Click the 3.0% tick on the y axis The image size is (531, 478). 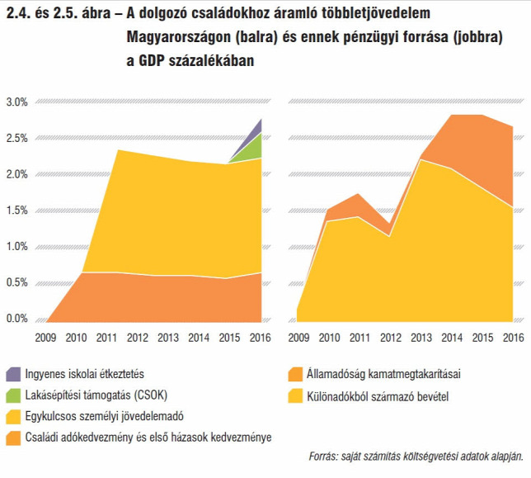16,102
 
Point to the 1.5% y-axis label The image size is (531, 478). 16,211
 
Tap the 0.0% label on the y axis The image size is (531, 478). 16,319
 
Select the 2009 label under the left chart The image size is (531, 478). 45,338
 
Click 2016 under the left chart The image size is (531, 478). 260,338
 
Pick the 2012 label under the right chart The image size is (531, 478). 391,338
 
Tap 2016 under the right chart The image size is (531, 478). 514,338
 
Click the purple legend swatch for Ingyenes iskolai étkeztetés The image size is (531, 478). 13,374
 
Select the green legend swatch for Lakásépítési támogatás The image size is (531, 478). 13,395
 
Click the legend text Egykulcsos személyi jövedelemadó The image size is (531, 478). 104,416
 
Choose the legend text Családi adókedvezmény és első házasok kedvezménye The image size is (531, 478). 148,438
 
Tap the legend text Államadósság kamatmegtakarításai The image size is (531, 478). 383,374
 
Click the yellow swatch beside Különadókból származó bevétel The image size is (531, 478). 295,396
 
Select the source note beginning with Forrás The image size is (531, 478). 416,457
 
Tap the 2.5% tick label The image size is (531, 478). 16,138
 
